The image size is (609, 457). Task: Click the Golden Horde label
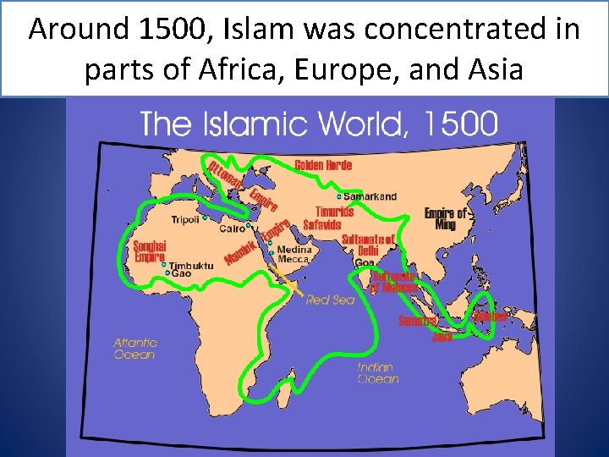(x=323, y=164)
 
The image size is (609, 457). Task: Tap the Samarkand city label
(x=370, y=196)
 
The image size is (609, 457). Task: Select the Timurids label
(x=334, y=212)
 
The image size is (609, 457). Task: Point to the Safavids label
(x=322, y=225)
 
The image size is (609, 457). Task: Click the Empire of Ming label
(x=446, y=218)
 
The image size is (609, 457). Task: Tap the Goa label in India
(x=363, y=263)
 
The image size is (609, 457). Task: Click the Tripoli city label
(x=185, y=219)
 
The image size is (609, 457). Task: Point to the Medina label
(x=294, y=250)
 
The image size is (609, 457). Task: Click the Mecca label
(x=293, y=260)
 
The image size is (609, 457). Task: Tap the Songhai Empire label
(x=150, y=251)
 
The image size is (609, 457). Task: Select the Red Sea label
(x=330, y=300)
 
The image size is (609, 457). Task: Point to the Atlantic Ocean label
(x=135, y=349)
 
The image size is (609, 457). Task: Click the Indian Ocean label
(x=377, y=373)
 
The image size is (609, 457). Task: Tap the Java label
(x=442, y=336)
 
